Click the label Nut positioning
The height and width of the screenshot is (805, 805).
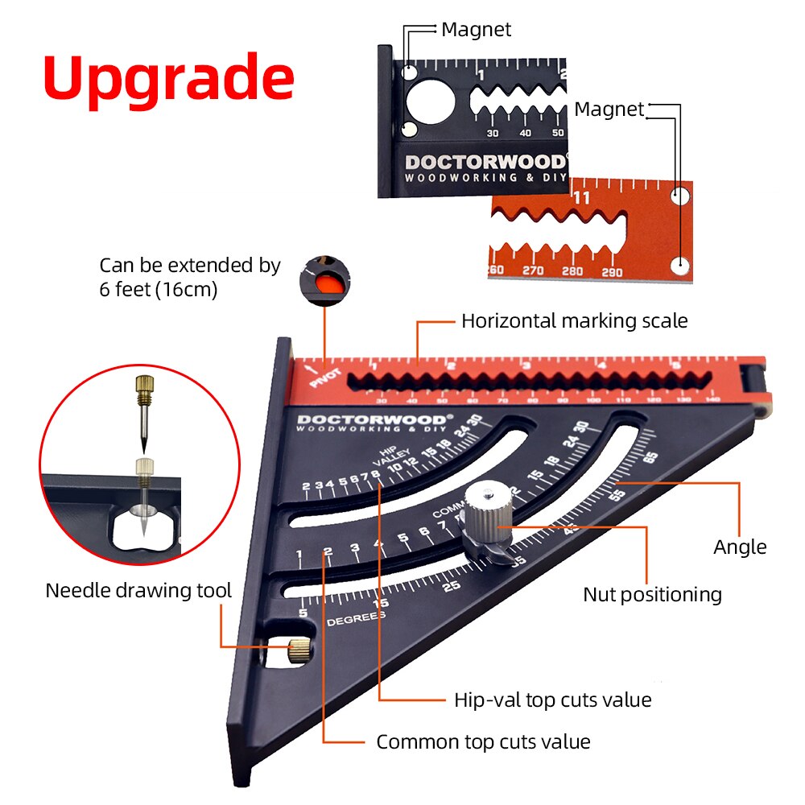click(x=652, y=595)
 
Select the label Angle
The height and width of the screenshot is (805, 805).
click(x=739, y=547)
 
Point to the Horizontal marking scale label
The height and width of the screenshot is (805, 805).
click(x=574, y=321)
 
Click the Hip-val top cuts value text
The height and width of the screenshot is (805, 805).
click(x=552, y=700)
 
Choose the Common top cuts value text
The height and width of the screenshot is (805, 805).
click(x=483, y=741)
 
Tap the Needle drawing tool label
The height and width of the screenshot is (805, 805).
click(x=138, y=590)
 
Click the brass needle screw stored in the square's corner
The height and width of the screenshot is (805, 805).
click(x=299, y=648)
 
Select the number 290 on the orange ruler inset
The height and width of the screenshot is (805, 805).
click(x=613, y=271)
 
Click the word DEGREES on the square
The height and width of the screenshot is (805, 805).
click(x=356, y=619)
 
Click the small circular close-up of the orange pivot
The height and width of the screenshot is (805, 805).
click(x=326, y=278)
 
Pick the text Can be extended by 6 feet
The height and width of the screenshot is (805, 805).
click(x=189, y=277)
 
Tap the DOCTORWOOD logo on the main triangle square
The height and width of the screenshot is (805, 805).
click(x=370, y=419)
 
